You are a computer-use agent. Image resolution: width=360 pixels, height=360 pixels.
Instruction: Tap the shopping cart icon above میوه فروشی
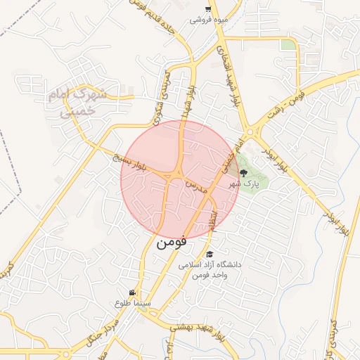pos(208,9)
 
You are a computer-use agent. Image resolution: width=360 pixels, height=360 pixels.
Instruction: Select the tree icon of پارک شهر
pos(243,172)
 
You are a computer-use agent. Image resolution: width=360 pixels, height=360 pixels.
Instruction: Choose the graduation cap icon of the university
pos(209,255)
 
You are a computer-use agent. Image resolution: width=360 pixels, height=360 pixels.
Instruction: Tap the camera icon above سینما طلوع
pos(132,292)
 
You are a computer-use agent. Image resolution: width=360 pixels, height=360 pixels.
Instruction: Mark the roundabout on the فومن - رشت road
pos(250,131)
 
